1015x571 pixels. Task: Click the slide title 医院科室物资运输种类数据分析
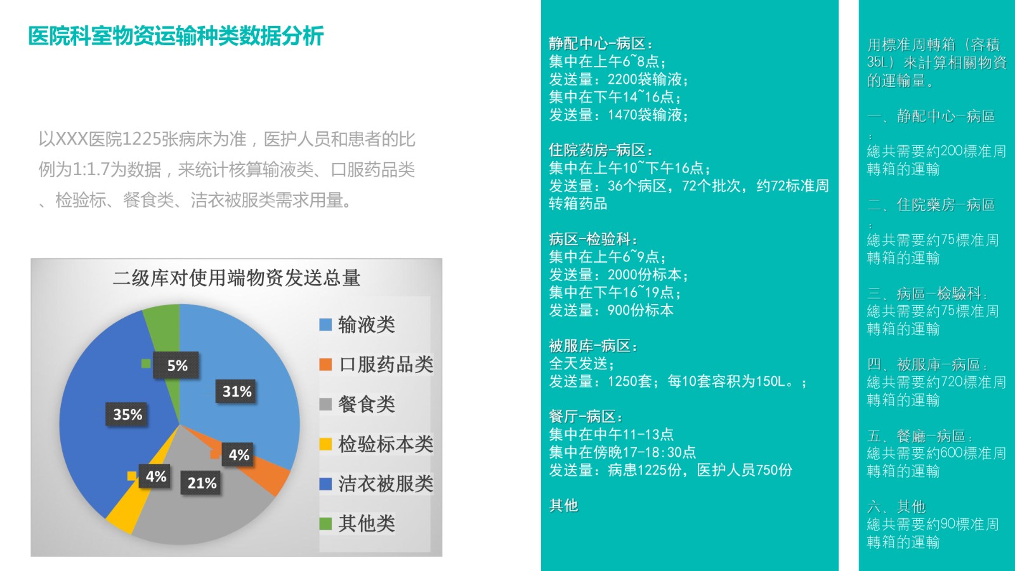(x=176, y=36)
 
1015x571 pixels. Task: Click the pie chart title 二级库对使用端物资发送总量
(x=236, y=278)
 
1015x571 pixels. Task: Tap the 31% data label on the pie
(x=237, y=391)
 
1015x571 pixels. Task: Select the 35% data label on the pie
(x=128, y=414)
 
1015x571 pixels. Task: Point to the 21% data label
(x=202, y=483)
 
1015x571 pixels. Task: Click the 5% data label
(x=177, y=365)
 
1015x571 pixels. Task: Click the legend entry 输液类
(x=357, y=324)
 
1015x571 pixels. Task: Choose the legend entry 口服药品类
(x=376, y=364)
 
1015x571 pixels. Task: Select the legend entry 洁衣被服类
(x=376, y=483)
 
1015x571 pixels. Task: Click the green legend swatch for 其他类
(x=325, y=524)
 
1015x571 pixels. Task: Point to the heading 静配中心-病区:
(x=601, y=44)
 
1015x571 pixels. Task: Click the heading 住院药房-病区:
(x=601, y=150)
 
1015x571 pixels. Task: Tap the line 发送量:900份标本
(x=612, y=310)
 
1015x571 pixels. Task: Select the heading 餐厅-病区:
(x=586, y=416)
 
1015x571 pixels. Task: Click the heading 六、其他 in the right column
(x=896, y=506)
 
